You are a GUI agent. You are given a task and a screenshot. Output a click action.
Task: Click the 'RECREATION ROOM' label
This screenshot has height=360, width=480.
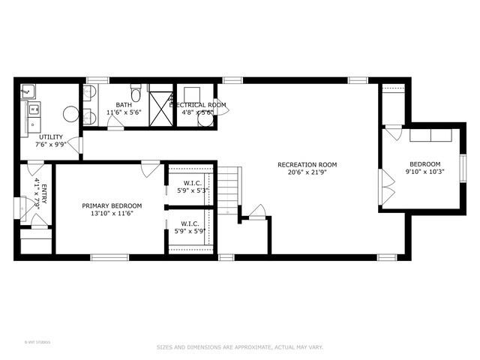[x=307, y=164]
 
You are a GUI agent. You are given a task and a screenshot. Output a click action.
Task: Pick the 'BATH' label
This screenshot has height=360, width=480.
[x=124, y=105]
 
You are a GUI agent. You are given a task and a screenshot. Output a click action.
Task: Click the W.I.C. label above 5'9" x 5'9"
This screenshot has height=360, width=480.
[x=190, y=223]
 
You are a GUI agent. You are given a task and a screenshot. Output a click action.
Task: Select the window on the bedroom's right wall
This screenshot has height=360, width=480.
[x=463, y=172]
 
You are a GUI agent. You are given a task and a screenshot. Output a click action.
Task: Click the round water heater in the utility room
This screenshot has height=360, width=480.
[x=70, y=114]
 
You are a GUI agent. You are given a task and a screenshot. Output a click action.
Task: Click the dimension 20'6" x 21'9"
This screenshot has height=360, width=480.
[x=307, y=173]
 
